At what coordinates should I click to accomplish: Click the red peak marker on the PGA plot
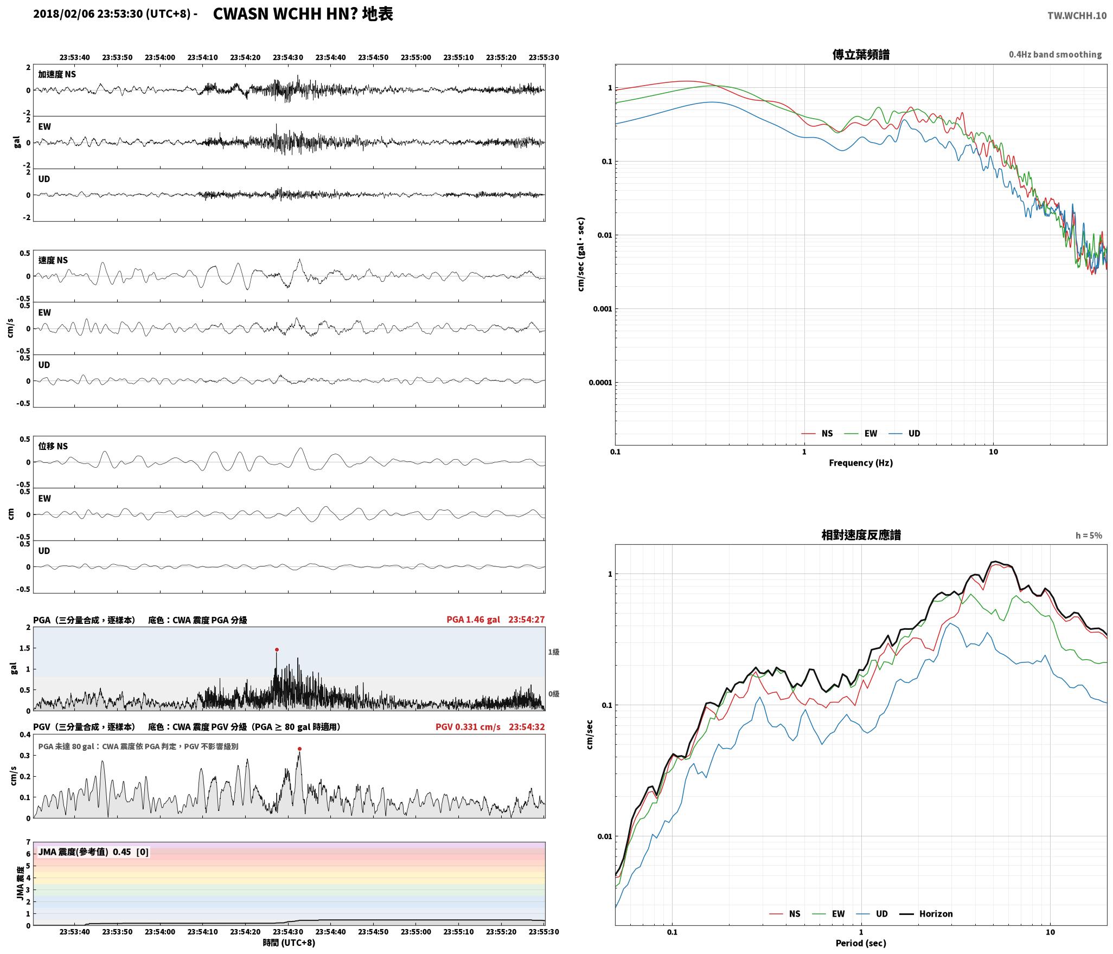tap(277, 649)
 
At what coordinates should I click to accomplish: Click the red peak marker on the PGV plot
tap(299, 749)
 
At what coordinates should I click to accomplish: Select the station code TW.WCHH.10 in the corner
tap(1077, 15)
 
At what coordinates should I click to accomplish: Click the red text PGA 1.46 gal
tap(474, 620)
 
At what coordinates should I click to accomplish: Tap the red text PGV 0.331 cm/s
tap(468, 727)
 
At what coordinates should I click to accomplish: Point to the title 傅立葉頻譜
tap(861, 55)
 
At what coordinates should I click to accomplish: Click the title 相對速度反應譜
tap(861, 536)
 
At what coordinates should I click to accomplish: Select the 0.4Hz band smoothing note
tap(1055, 55)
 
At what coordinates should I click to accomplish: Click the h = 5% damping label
tap(1089, 536)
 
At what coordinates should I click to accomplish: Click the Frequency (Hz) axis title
tap(861, 463)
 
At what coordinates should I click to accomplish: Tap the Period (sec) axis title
tap(861, 943)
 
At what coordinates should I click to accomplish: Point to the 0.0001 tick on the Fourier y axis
tap(600, 383)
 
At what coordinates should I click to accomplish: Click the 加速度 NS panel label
tap(57, 74)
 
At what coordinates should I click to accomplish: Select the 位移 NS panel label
tap(53, 446)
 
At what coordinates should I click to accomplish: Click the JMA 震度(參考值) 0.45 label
tap(93, 852)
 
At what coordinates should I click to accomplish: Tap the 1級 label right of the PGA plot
tap(553, 652)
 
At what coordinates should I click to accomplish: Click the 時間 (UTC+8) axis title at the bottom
tap(289, 943)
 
